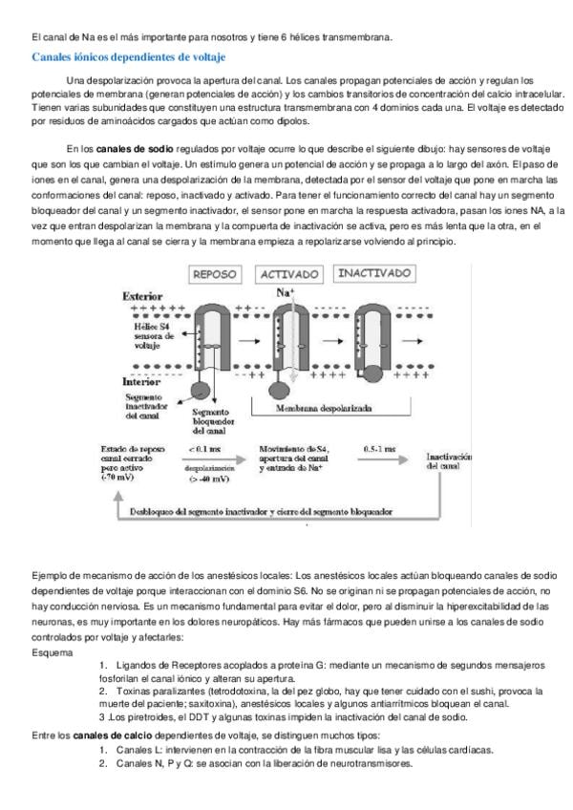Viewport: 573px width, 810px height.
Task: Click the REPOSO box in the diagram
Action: pyautogui.click(x=219, y=273)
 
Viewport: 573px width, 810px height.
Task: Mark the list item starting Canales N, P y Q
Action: pyautogui.click(x=263, y=764)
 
